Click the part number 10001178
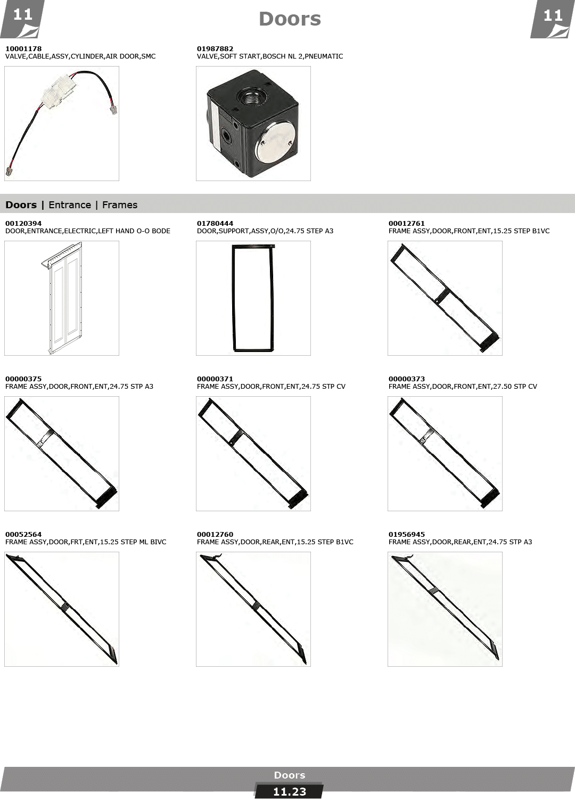click(23, 48)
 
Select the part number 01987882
click(215, 48)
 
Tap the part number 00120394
click(23, 224)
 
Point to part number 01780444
click(215, 224)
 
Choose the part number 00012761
click(406, 224)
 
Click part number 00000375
click(23, 379)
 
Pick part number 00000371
click(215, 379)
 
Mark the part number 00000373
click(406, 379)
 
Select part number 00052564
click(23, 534)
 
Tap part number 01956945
click(406, 534)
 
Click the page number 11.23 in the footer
click(290, 792)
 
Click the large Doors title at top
click(290, 19)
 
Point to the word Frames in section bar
click(120, 205)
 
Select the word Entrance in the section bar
click(70, 205)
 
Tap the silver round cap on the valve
click(275, 141)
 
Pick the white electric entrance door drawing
click(62, 298)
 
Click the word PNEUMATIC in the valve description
click(324, 56)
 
